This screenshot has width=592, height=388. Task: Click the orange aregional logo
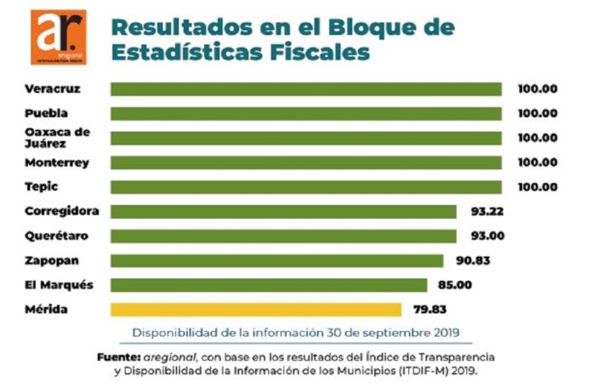pyautogui.click(x=58, y=37)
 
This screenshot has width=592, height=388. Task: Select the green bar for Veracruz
pyautogui.click(x=305, y=89)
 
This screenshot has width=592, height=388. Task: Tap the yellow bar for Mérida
pyautogui.click(x=255, y=310)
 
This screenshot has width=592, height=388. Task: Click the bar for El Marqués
pyautogui.click(x=269, y=285)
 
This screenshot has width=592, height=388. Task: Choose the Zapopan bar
pyautogui.click(x=276, y=260)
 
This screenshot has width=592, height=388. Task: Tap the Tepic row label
pyautogui.click(x=42, y=186)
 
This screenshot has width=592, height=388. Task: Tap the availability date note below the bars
pyautogui.click(x=295, y=332)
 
